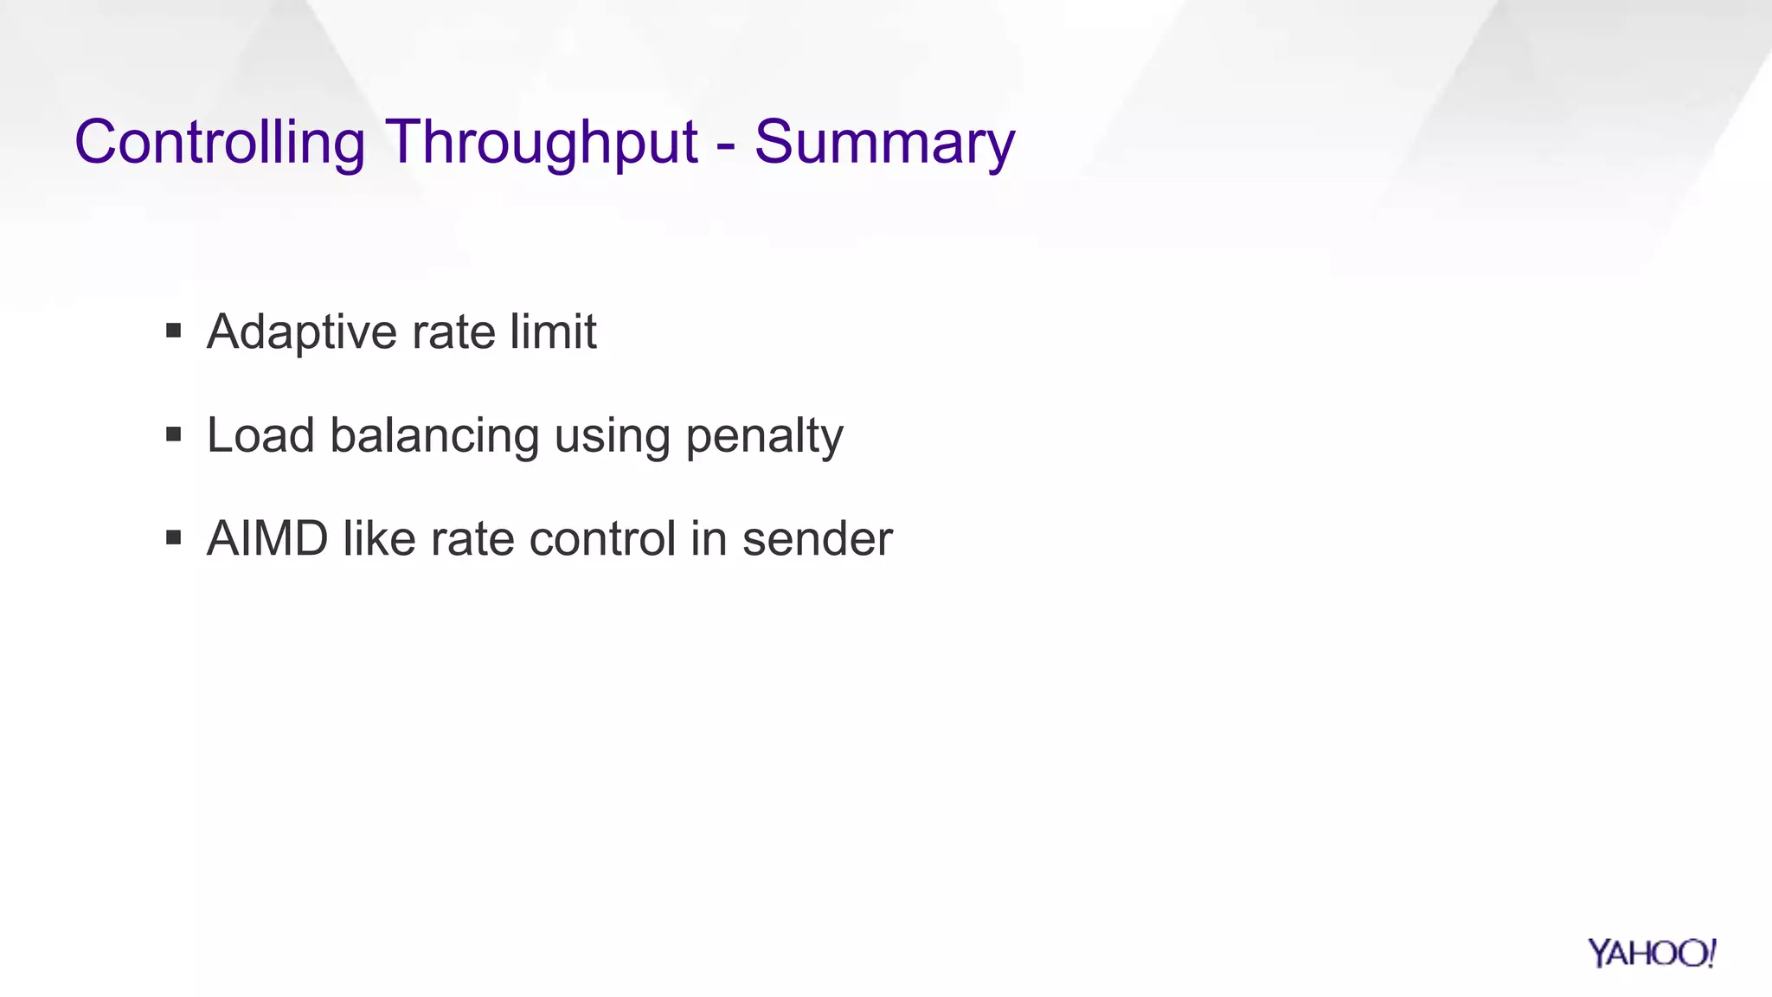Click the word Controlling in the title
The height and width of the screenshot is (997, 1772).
220,143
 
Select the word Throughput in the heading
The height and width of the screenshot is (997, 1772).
541,143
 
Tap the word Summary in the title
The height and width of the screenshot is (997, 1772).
884,143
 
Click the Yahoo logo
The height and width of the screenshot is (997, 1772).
1652,953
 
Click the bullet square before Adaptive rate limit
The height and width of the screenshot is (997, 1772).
174,331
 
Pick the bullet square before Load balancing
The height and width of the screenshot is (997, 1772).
174,434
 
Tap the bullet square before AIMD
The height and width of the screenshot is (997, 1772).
174,538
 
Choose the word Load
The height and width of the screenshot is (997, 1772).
260,435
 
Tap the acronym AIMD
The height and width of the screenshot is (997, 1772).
267,539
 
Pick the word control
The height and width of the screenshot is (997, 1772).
602,539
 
